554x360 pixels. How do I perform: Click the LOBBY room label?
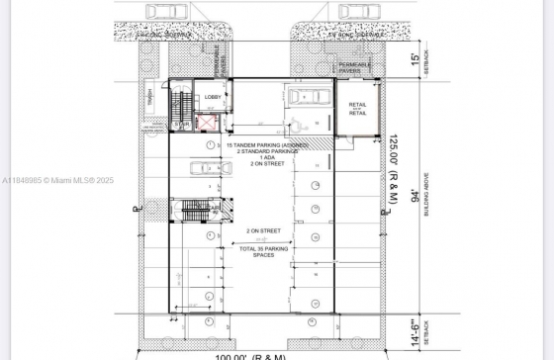(x=214, y=97)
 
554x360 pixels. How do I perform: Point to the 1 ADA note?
(x=267, y=158)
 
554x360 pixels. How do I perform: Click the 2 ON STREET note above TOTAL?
(x=257, y=230)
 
